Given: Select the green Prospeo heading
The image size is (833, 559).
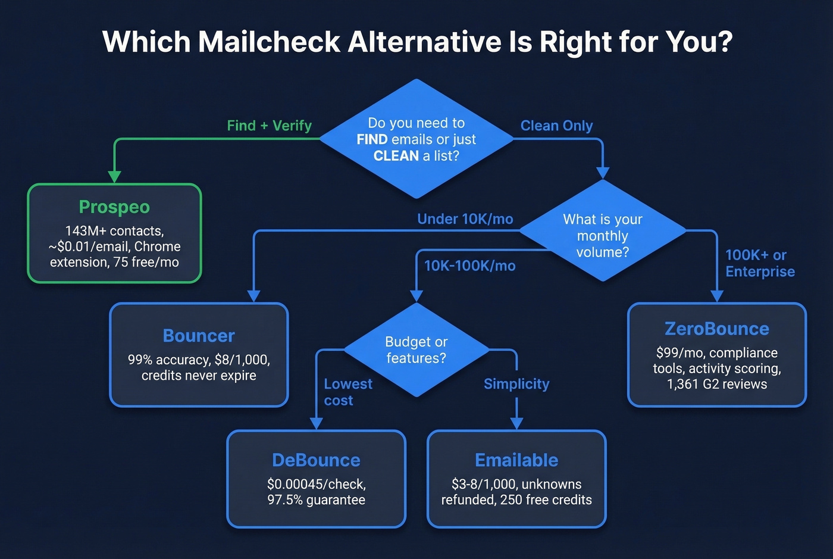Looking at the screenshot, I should tap(114, 207).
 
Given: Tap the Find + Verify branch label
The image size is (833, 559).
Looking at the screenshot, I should tap(269, 126).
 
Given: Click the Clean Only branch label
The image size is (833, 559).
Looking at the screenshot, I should tap(556, 126).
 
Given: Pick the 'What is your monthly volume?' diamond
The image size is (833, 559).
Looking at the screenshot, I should tap(602, 236).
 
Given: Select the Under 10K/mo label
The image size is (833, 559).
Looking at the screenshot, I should tap(465, 219).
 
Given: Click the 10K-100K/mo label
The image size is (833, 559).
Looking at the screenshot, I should tap(469, 266).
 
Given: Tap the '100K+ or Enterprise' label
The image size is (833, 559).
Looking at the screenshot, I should tap(759, 263).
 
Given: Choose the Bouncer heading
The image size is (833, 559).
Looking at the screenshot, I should tap(199, 336).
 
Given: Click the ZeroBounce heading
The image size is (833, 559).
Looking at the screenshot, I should tap(716, 329).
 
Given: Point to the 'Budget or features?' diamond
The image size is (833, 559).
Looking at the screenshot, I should tap(416, 350).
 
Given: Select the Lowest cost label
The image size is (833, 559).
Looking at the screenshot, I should tap(347, 392).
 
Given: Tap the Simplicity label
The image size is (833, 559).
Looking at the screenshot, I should tap(516, 384).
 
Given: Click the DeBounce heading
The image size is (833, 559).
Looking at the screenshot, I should tap(316, 460).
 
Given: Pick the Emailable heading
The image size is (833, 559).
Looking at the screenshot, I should tap(516, 460).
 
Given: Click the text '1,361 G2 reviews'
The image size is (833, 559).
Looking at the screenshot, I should tap(716, 385).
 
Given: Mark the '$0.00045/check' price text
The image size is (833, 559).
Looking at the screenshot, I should tap(316, 484).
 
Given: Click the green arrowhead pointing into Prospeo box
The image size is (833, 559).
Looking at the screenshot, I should tap(114, 177).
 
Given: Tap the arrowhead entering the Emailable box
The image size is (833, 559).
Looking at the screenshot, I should tap(516, 423).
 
